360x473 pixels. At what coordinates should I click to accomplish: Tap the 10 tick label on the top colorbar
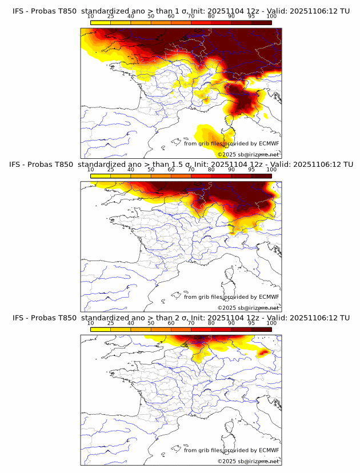tap(90, 16)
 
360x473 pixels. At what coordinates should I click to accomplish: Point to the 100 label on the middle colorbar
tap(271, 169)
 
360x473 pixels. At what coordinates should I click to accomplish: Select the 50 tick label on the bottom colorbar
tap(151, 322)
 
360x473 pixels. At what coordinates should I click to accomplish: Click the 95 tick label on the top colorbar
tap(251, 16)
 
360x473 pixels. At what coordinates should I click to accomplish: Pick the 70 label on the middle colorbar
tap(191, 169)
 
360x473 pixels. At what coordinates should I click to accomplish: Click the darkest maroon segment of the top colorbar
tap(261, 22)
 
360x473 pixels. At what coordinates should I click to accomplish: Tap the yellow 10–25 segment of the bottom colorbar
tap(100, 328)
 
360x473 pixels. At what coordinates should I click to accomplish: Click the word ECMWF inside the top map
tap(269, 144)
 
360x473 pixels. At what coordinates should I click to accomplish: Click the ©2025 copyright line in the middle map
tap(248, 307)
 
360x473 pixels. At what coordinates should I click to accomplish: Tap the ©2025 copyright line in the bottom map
tap(248, 460)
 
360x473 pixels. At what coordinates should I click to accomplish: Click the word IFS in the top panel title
tap(19, 11)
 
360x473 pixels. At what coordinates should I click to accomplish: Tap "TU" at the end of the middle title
tap(345, 165)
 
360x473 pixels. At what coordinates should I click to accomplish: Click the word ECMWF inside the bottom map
tap(269, 450)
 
